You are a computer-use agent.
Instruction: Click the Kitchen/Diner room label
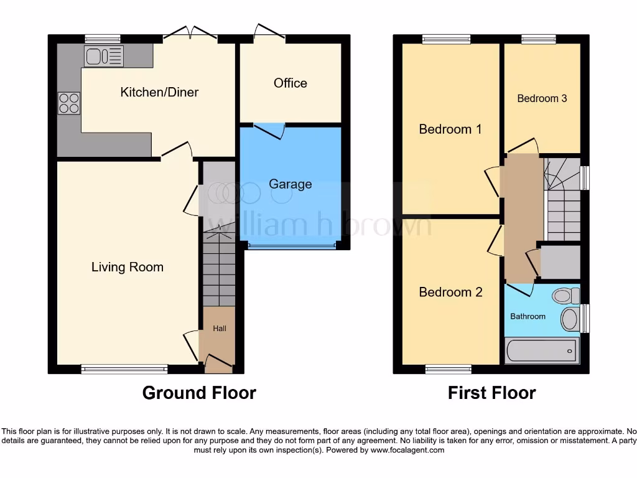coord(159,93)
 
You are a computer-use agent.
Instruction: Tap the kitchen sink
coord(103,56)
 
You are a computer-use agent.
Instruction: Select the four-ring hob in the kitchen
coord(69,103)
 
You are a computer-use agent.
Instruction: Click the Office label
coord(291,83)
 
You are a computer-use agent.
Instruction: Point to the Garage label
coord(291,184)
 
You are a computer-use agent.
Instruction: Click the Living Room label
coord(128,267)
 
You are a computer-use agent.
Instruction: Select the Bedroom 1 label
coord(450,129)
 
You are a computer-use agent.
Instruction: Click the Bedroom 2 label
coord(450,292)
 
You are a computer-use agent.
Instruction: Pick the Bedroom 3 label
coord(542,98)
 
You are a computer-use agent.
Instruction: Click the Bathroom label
coord(528,316)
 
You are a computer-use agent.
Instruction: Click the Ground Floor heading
coord(199,393)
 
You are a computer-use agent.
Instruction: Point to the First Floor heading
coord(491,393)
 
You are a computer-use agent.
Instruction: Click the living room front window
coord(124,369)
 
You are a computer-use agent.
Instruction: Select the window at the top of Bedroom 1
coord(446,39)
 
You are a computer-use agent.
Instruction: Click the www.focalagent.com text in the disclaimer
coord(407,450)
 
